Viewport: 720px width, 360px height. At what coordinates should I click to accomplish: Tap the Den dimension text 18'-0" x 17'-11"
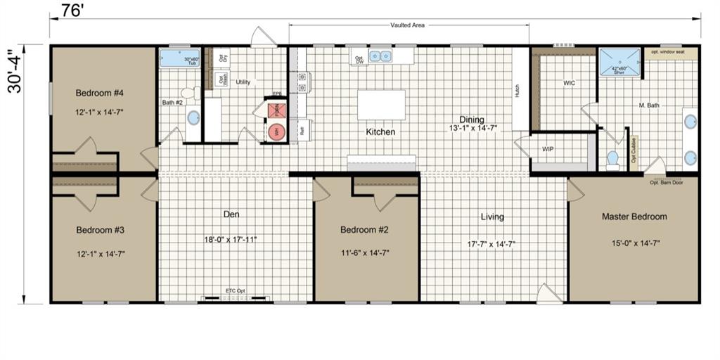coord(231,239)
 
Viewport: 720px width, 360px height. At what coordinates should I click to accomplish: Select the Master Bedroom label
coord(634,217)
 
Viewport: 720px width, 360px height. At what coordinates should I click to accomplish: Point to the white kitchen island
coord(382,105)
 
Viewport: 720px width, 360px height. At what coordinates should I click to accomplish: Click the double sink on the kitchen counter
coord(382,56)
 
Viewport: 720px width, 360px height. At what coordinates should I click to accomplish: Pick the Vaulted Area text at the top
coord(408,25)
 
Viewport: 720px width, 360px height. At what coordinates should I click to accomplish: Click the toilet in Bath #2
coord(188,92)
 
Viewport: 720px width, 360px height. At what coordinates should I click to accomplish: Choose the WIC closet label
coord(569,83)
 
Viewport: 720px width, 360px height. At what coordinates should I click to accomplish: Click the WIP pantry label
coord(548,150)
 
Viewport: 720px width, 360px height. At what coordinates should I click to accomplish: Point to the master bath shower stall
coord(619,61)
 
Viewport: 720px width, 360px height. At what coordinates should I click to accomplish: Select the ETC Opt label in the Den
coord(235,290)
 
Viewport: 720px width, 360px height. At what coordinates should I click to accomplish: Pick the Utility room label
coord(243,82)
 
